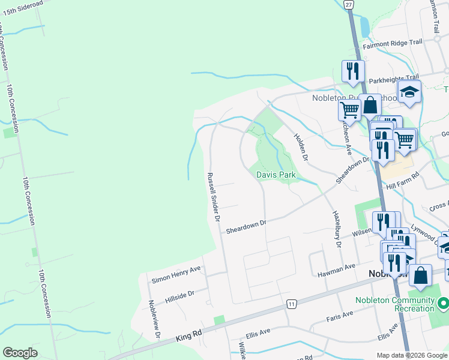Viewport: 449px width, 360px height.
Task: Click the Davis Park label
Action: [276, 175]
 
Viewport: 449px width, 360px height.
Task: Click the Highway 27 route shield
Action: [349, 4]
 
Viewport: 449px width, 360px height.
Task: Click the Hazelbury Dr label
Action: [336, 229]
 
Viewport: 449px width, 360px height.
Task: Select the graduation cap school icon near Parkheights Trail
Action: [409, 91]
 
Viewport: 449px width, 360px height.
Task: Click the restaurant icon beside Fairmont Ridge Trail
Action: [352, 71]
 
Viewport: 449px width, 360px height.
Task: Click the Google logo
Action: [20, 353]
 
